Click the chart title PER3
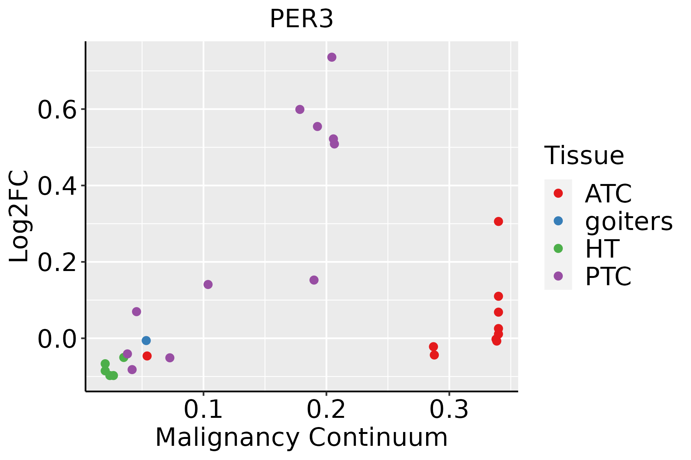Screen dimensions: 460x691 tap(301, 19)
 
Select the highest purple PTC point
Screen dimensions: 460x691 tap(332, 57)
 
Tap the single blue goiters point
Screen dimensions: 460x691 tap(146, 340)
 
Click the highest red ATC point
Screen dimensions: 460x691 tap(498, 221)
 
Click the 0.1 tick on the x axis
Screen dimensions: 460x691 tap(203, 409)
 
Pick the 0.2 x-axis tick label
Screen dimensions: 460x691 tap(326, 409)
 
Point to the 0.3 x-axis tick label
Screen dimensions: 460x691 tap(449, 409)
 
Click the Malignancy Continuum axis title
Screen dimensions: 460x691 tap(301, 437)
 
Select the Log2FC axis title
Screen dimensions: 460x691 tap(19, 216)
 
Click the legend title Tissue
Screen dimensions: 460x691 tap(584, 156)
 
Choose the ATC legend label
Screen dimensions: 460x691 tap(608, 194)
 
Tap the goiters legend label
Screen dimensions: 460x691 tap(629, 221)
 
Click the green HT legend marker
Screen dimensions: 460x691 tap(558, 248)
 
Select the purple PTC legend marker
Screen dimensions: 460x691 tap(558, 276)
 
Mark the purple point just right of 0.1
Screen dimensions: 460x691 tap(208, 284)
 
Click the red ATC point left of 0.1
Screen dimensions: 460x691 tap(147, 356)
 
